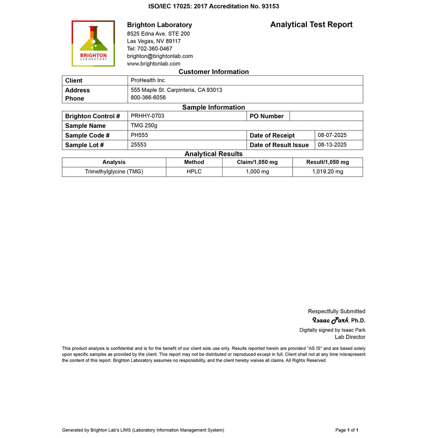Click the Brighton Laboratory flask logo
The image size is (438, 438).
pyautogui.click(x=93, y=43)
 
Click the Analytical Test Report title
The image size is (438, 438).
pyautogui.click(x=311, y=25)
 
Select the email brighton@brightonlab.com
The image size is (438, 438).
pyautogui.click(x=160, y=56)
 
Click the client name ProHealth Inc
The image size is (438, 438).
pyautogui.click(x=148, y=80)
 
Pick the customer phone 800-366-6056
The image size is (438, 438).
pyautogui.click(x=148, y=98)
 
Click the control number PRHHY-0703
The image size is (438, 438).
pyautogui.click(x=148, y=116)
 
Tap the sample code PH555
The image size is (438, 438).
pyautogui.click(x=139, y=135)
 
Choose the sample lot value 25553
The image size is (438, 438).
pyautogui.click(x=139, y=145)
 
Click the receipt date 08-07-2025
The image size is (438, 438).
pyautogui.click(x=332, y=135)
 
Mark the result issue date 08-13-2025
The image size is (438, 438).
pyautogui.click(x=332, y=145)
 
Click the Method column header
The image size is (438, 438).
pyautogui.click(x=194, y=162)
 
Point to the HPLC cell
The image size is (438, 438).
pyautogui.click(x=194, y=172)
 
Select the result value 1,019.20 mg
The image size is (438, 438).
pyautogui.click(x=328, y=172)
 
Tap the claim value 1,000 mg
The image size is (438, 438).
pyautogui.click(x=257, y=172)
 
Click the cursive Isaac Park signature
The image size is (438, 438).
pyautogui.click(x=330, y=320)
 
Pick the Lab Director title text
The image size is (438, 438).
pyautogui.click(x=350, y=337)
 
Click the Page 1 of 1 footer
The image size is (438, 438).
pyautogui.click(x=347, y=430)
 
